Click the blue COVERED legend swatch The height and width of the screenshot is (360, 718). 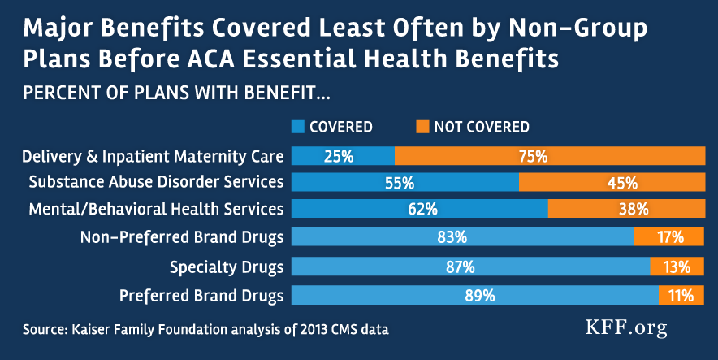point(297,127)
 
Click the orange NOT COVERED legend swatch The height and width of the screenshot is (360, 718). point(422,127)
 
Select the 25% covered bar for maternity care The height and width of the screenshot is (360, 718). point(343,156)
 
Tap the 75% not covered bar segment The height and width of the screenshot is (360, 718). point(550,156)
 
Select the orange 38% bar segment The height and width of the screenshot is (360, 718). point(626,209)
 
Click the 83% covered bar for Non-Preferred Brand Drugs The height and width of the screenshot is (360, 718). point(462,237)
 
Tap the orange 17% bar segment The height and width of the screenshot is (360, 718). point(669,237)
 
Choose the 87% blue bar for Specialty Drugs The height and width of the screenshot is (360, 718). point(470,267)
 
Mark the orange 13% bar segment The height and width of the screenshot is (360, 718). point(677,267)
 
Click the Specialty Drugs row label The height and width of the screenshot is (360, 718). point(227,267)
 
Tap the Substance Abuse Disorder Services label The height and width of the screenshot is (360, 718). point(156,182)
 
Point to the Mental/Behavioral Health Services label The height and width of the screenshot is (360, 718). point(156,209)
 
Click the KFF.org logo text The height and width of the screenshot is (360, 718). point(626,327)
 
